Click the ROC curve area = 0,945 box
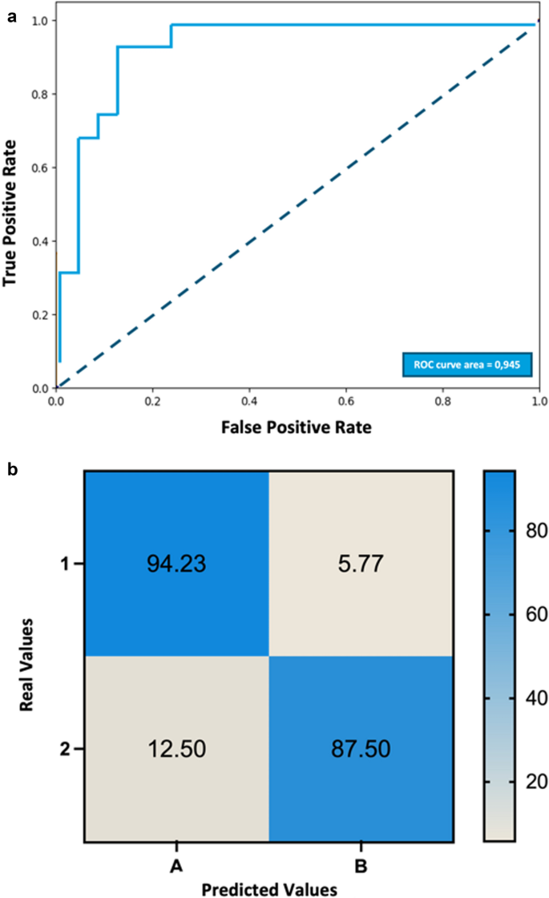pyautogui.click(x=466, y=364)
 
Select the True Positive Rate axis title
pyautogui.click(x=11, y=213)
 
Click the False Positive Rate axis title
pyautogui.click(x=297, y=427)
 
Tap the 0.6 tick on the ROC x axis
pyautogui.click(x=346, y=398)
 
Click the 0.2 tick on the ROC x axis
pyautogui.click(x=153, y=398)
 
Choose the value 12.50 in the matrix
pyautogui.click(x=176, y=750)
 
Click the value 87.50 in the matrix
pyautogui.click(x=361, y=750)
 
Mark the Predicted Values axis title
pyautogui.click(x=268, y=888)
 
